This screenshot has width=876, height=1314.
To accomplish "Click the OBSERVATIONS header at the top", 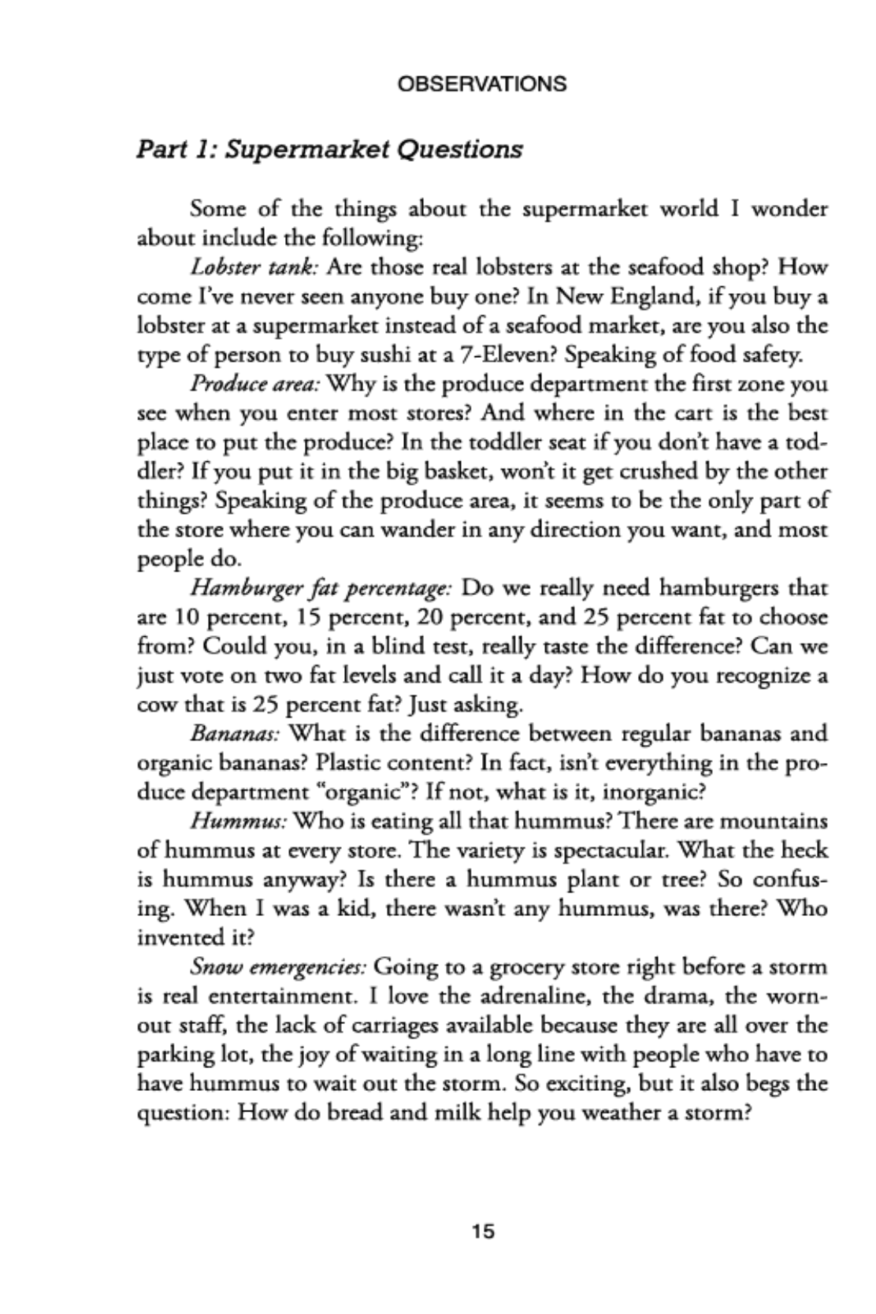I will (x=481, y=84).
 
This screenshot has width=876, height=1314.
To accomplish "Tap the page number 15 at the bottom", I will (x=483, y=1230).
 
